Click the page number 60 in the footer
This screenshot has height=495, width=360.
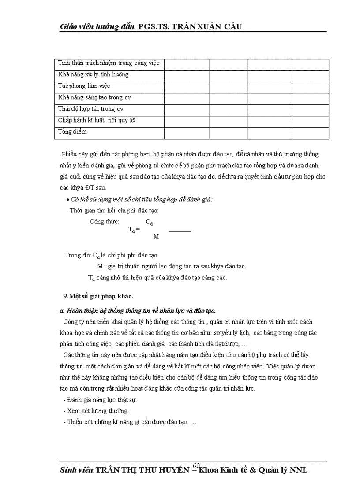(197, 465)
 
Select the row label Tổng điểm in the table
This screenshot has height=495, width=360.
(72, 132)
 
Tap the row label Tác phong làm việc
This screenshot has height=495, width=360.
(84, 86)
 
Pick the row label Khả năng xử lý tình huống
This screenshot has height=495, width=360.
(93, 74)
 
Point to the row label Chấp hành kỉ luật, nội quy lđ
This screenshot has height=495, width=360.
(96, 120)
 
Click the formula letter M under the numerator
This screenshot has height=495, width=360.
(156, 237)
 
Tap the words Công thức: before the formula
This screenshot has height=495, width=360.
(104, 222)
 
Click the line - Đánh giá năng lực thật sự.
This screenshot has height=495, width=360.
(100, 400)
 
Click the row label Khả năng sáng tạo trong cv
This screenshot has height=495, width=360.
(94, 97)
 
